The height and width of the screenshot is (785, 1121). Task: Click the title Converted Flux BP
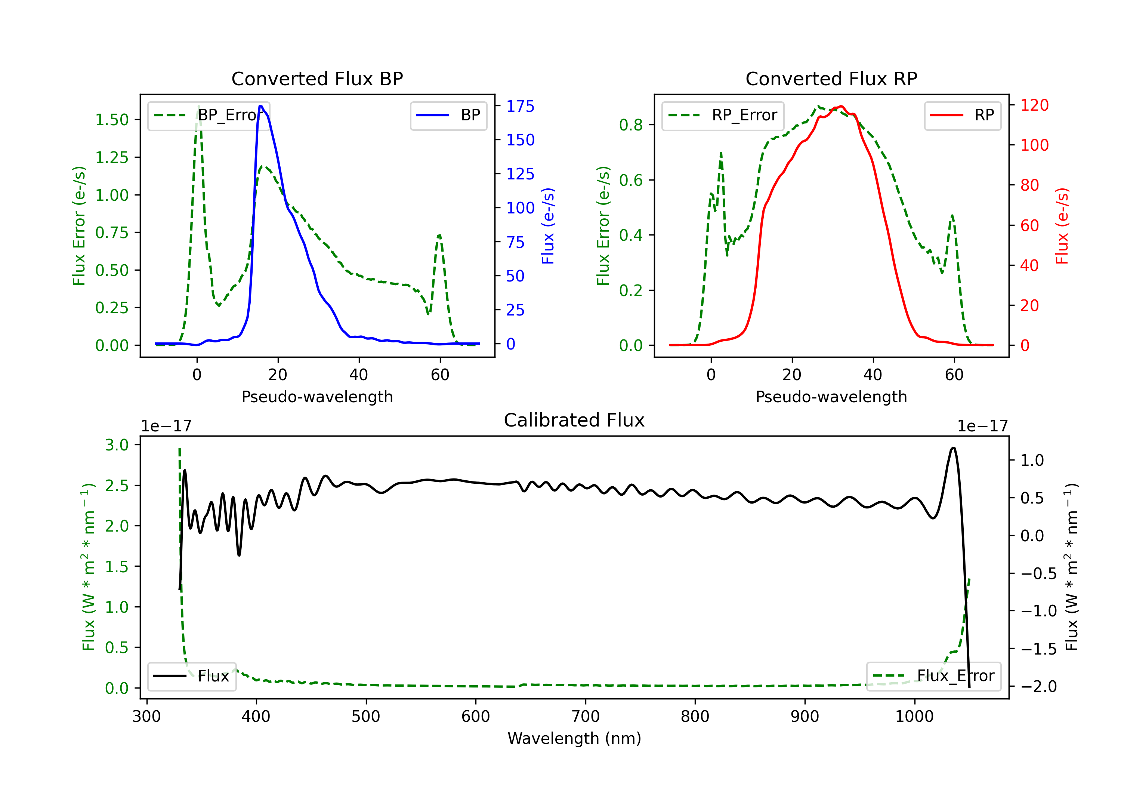(x=317, y=78)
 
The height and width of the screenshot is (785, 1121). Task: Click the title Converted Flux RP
(x=831, y=78)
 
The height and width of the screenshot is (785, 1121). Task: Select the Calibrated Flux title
(x=574, y=420)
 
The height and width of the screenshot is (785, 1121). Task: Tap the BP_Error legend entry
(x=209, y=115)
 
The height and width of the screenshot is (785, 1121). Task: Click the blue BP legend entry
(x=448, y=115)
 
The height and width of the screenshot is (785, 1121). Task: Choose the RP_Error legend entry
(x=723, y=115)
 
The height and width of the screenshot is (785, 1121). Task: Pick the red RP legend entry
(x=962, y=115)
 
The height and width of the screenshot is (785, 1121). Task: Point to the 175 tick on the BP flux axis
(x=521, y=107)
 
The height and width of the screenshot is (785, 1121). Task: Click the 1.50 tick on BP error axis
(x=112, y=120)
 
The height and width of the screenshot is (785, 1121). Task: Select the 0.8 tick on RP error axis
(x=631, y=125)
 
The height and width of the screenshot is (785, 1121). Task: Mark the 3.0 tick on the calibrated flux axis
(x=117, y=445)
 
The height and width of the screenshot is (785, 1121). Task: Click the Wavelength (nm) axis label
(x=574, y=738)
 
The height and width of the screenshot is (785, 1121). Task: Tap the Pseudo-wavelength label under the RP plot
(x=831, y=397)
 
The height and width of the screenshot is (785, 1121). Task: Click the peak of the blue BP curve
(x=261, y=106)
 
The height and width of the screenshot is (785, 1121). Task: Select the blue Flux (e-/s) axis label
(x=548, y=226)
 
